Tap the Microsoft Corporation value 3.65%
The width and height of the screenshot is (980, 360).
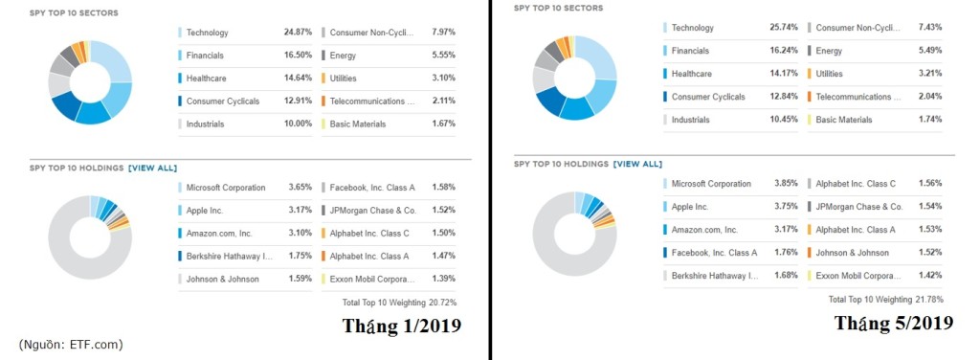(300, 188)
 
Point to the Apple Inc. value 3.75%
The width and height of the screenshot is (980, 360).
(785, 206)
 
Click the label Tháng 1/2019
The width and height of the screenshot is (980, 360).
(402, 326)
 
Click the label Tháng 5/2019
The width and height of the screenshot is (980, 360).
(893, 323)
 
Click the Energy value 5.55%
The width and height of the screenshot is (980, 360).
(443, 56)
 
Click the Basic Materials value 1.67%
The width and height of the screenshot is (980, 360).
(443, 124)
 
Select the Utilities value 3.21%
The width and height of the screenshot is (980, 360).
(929, 74)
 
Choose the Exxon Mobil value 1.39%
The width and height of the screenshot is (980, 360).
(443, 279)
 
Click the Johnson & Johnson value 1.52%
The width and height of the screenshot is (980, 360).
(929, 253)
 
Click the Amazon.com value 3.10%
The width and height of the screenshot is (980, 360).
(300, 234)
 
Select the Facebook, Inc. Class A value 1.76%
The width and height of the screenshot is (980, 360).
(785, 253)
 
